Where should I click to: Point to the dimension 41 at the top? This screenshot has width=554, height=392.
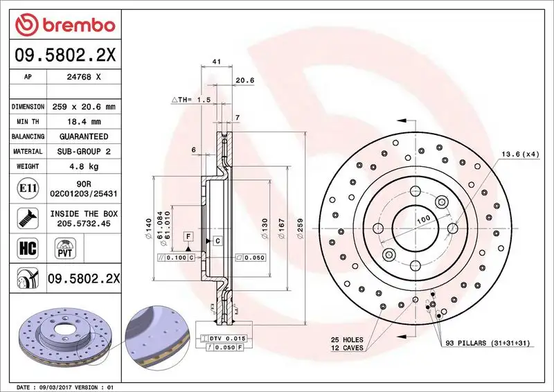[216, 62]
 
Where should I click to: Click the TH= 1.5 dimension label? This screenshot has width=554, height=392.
[191, 100]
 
